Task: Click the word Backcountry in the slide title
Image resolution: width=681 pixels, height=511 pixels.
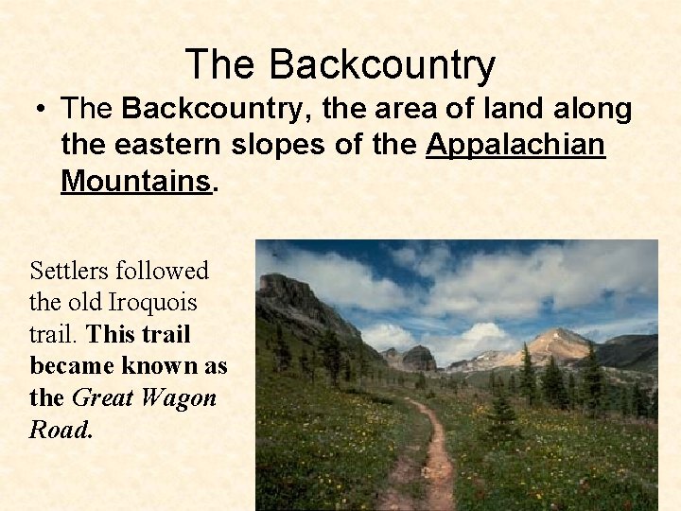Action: (381, 64)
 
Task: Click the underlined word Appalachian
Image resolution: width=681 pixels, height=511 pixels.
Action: (516, 146)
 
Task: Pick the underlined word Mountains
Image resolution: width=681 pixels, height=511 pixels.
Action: (135, 181)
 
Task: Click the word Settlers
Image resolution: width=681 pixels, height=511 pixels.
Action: (70, 271)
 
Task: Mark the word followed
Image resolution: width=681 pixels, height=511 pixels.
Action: (164, 271)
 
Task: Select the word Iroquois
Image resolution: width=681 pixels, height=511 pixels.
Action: (152, 303)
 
